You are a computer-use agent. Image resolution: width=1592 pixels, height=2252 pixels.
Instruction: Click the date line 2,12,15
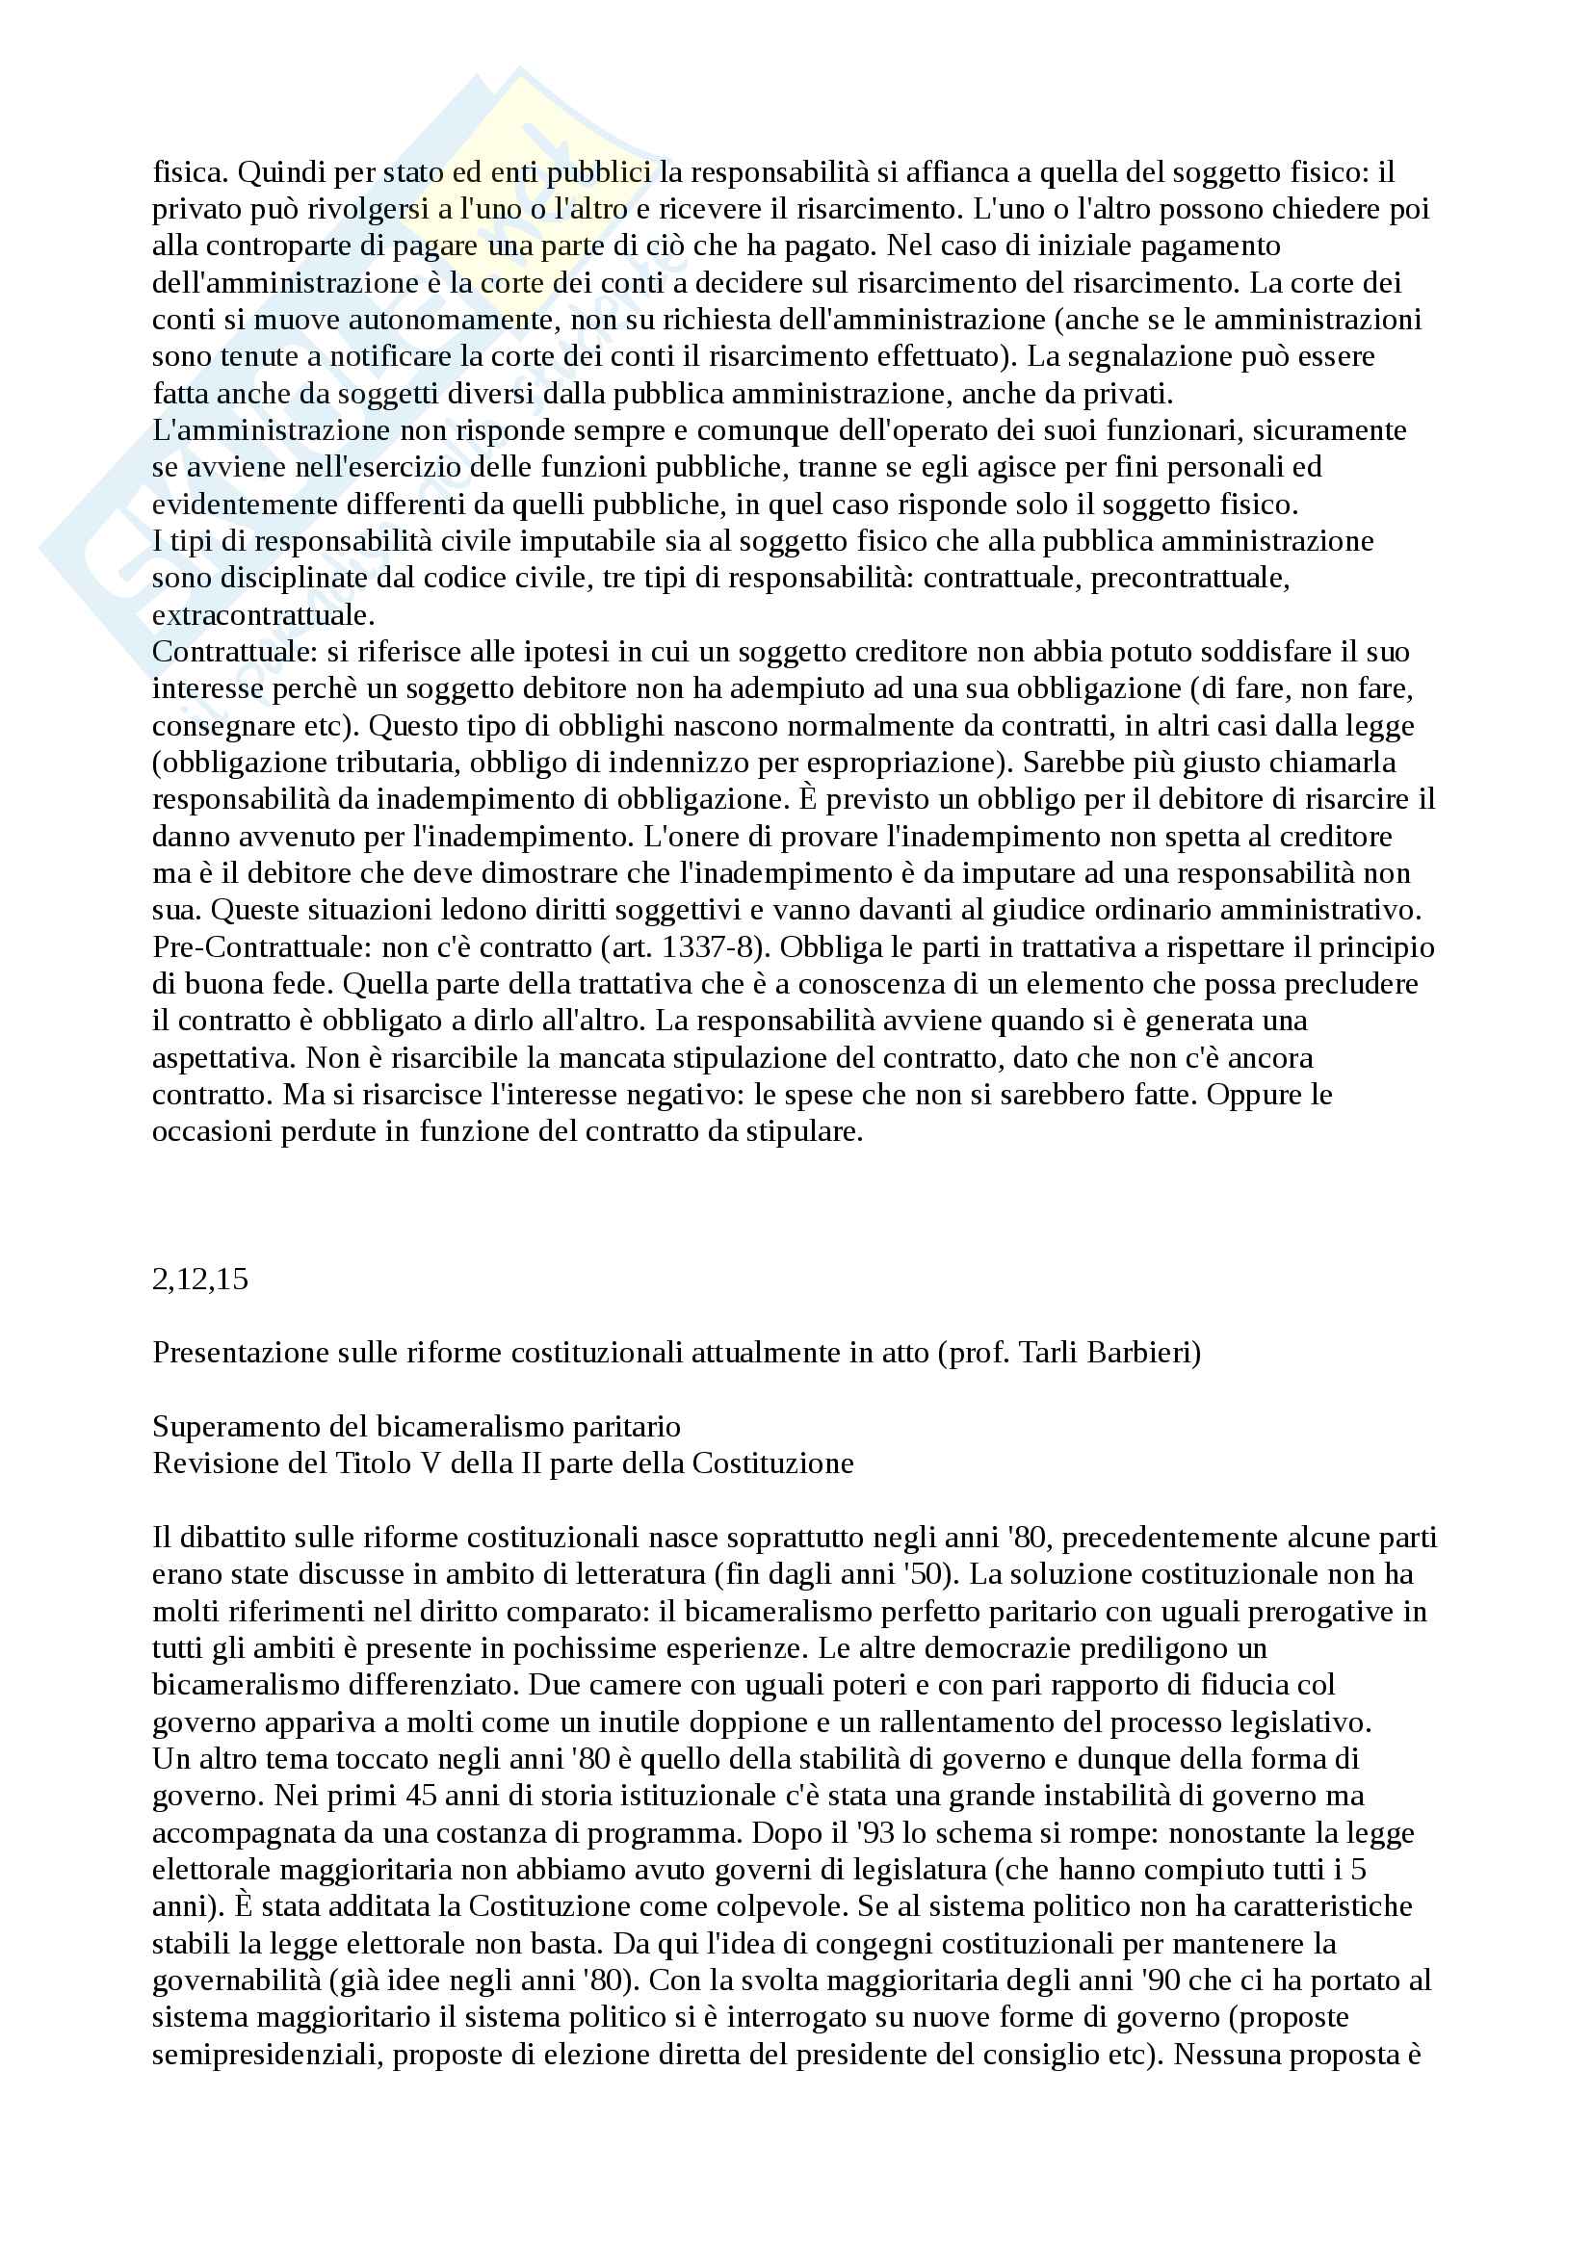(x=200, y=1279)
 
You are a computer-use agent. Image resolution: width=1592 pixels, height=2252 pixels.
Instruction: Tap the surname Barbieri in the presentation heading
(x=1145, y=1353)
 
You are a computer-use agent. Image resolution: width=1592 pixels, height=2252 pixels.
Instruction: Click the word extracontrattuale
(x=261, y=616)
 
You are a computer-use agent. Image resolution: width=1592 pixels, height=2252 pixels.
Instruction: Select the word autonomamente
(x=438, y=320)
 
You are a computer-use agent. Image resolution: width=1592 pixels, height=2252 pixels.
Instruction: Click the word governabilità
(x=236, y=1980)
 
